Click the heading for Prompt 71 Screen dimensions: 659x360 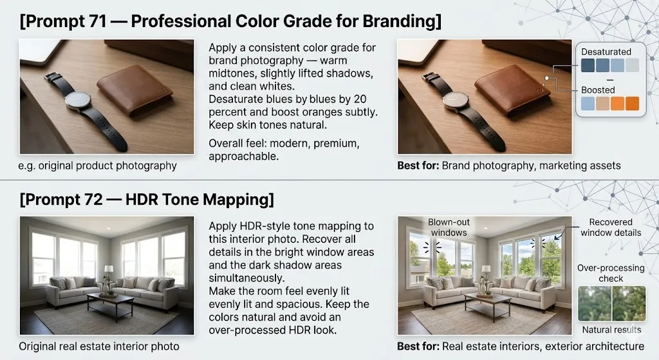click(x=230, y=21)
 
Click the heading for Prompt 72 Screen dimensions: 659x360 click(x=147, y=199)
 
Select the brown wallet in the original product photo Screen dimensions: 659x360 click(x=135, y=90)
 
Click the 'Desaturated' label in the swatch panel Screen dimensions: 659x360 click(x=606, y=52)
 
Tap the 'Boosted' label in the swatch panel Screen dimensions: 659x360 click(x=598, y=90)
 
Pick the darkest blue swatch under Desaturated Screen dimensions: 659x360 click(x=588, y=65)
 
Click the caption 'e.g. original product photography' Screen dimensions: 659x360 click(x=98, y=166)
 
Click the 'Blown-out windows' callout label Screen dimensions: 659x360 click(x=449, y=227)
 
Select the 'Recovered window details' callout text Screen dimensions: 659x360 click(x=611, y=227)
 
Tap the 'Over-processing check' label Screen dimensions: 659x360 click(x=611, y=273)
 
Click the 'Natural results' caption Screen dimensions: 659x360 click(x=611, y=330)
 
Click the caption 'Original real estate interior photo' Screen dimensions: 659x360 click(x=99, y=346)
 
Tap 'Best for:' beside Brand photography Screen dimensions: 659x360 click(x=418, y=166)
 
